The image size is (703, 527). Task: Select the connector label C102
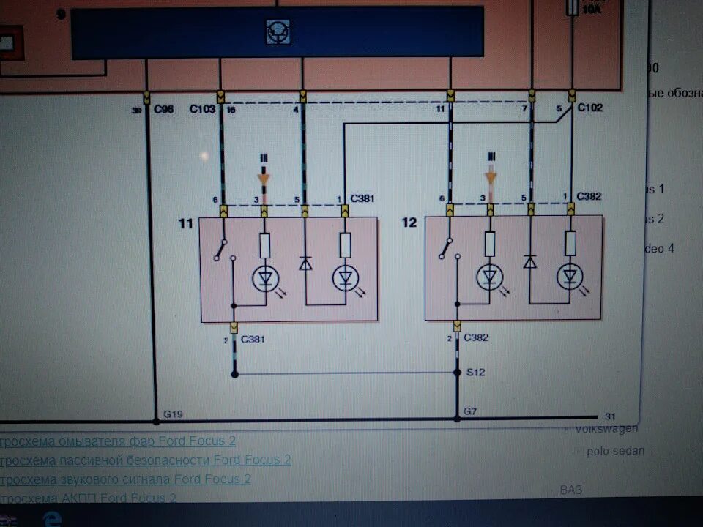(x=589, y=108)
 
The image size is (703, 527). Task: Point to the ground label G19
(x=173, y=415)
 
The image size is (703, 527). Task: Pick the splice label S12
(x=476, y=373)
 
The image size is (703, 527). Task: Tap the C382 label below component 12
(x=476, y=338)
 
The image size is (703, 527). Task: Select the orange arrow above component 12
(x=491, y=176)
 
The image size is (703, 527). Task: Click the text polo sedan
(x=615, y=451)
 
